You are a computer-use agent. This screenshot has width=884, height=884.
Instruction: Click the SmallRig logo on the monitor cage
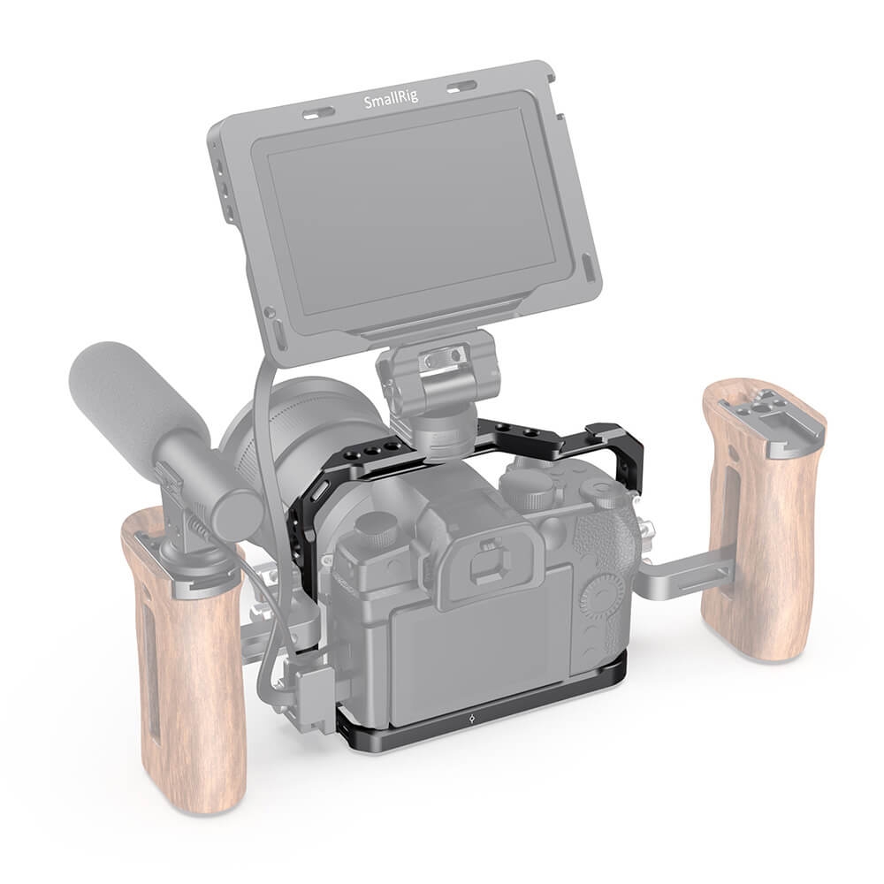(x=392, y=101)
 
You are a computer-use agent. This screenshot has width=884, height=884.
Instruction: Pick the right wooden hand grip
(x=764, y=519)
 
